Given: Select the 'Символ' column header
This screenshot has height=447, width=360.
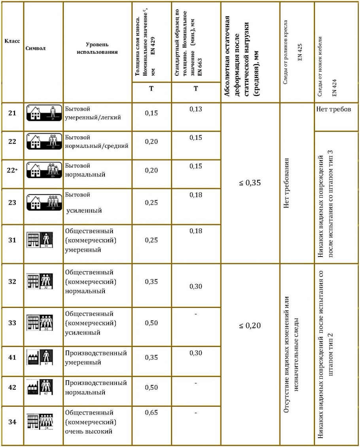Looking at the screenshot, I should [x=35, y=48].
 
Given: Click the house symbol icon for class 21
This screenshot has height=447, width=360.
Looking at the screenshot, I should [x=44, y=113].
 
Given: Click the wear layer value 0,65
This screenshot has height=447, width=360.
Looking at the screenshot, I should [x=151, y=413].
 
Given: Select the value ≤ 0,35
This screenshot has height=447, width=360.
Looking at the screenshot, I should [x=250, y=183].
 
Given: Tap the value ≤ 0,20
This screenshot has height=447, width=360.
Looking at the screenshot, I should [x=250, y=326].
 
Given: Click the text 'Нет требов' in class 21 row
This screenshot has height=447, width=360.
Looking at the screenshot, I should [x=334, y=109].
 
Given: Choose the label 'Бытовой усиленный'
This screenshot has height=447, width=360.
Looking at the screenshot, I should [x=83, y=203].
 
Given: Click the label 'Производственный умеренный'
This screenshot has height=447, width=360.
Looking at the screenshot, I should [x=96, y=357].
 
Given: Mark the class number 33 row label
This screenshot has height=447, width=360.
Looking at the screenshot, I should [x=12, y=323].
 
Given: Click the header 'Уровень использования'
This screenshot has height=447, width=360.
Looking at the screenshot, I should [x=97, y=48].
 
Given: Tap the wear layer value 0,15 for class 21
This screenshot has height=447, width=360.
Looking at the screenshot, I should [x=151, y=113].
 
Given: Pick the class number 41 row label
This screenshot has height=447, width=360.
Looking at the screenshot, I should [x=12, y=357].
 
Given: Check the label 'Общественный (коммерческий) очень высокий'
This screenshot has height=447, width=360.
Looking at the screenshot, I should [x=91, y=422].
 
